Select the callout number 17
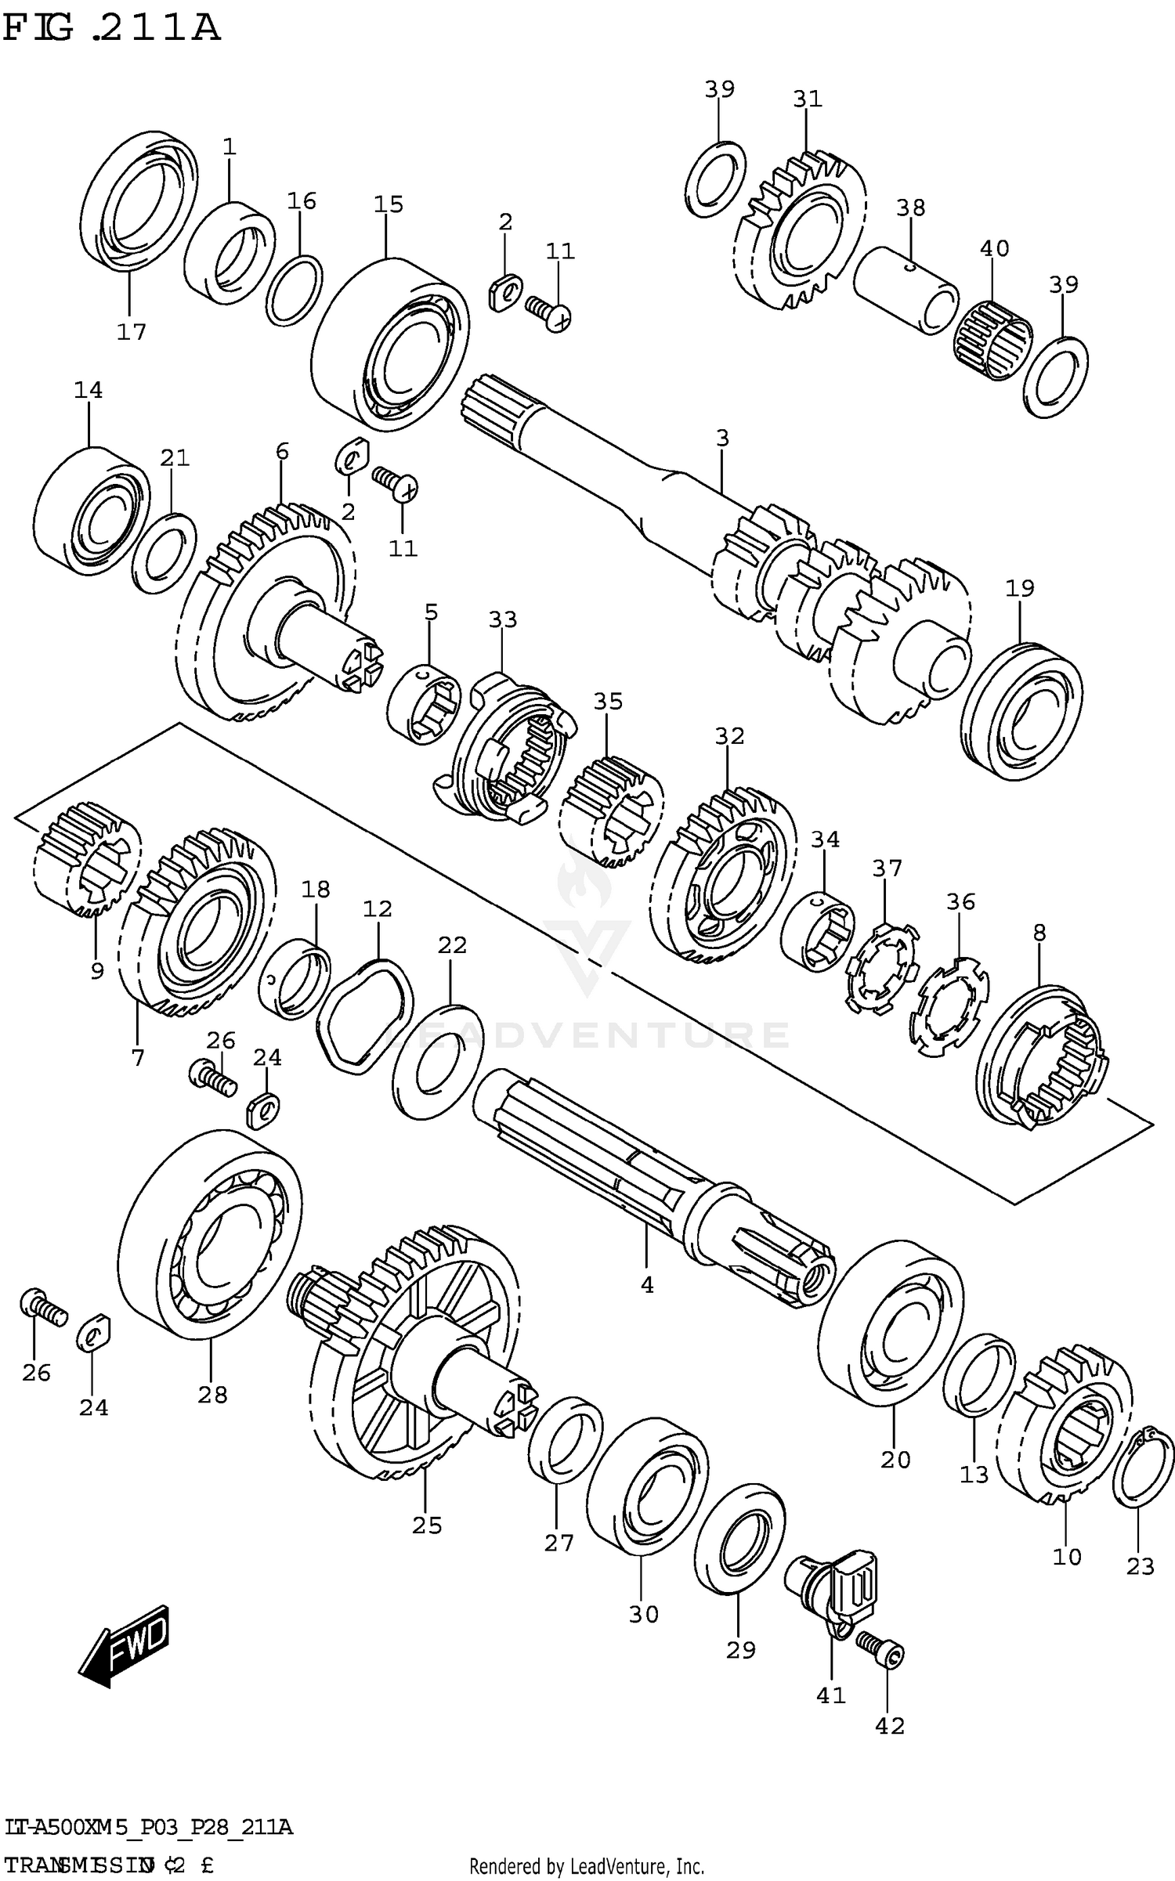[132, 332]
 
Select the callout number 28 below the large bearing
[212, 1395]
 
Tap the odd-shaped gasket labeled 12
[365, 1014]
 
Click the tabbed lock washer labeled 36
[949, 1005]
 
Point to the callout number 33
[503, 619]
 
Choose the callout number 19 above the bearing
[1020, 587]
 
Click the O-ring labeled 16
[294, 289]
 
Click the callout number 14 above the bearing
[89, 389]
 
